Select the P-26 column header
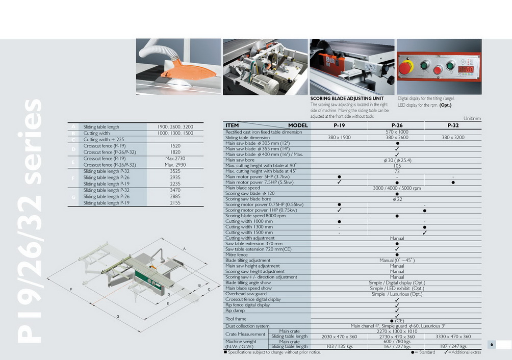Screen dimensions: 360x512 [397, 125]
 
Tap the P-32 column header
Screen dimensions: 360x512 [453, 125]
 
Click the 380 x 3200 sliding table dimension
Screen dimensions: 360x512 [453, 138]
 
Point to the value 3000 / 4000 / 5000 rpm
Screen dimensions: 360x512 [397, 188]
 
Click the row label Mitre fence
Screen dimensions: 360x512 [237, 254]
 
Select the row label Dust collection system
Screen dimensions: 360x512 [247, 326]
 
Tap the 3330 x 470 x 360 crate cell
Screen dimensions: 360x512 [453, 337]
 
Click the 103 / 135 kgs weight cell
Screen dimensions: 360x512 [339, 347]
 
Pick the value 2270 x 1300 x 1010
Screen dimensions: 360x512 [397, 331]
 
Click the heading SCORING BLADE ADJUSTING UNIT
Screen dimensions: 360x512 [347, 98]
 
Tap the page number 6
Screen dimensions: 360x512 [492, 345]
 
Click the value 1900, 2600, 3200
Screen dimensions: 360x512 [175, 126]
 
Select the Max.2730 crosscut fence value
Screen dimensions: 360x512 [175, 159]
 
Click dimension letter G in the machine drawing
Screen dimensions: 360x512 [117, 317]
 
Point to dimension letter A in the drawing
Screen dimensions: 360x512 [184, 248]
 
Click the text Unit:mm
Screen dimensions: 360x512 [472, 118]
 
